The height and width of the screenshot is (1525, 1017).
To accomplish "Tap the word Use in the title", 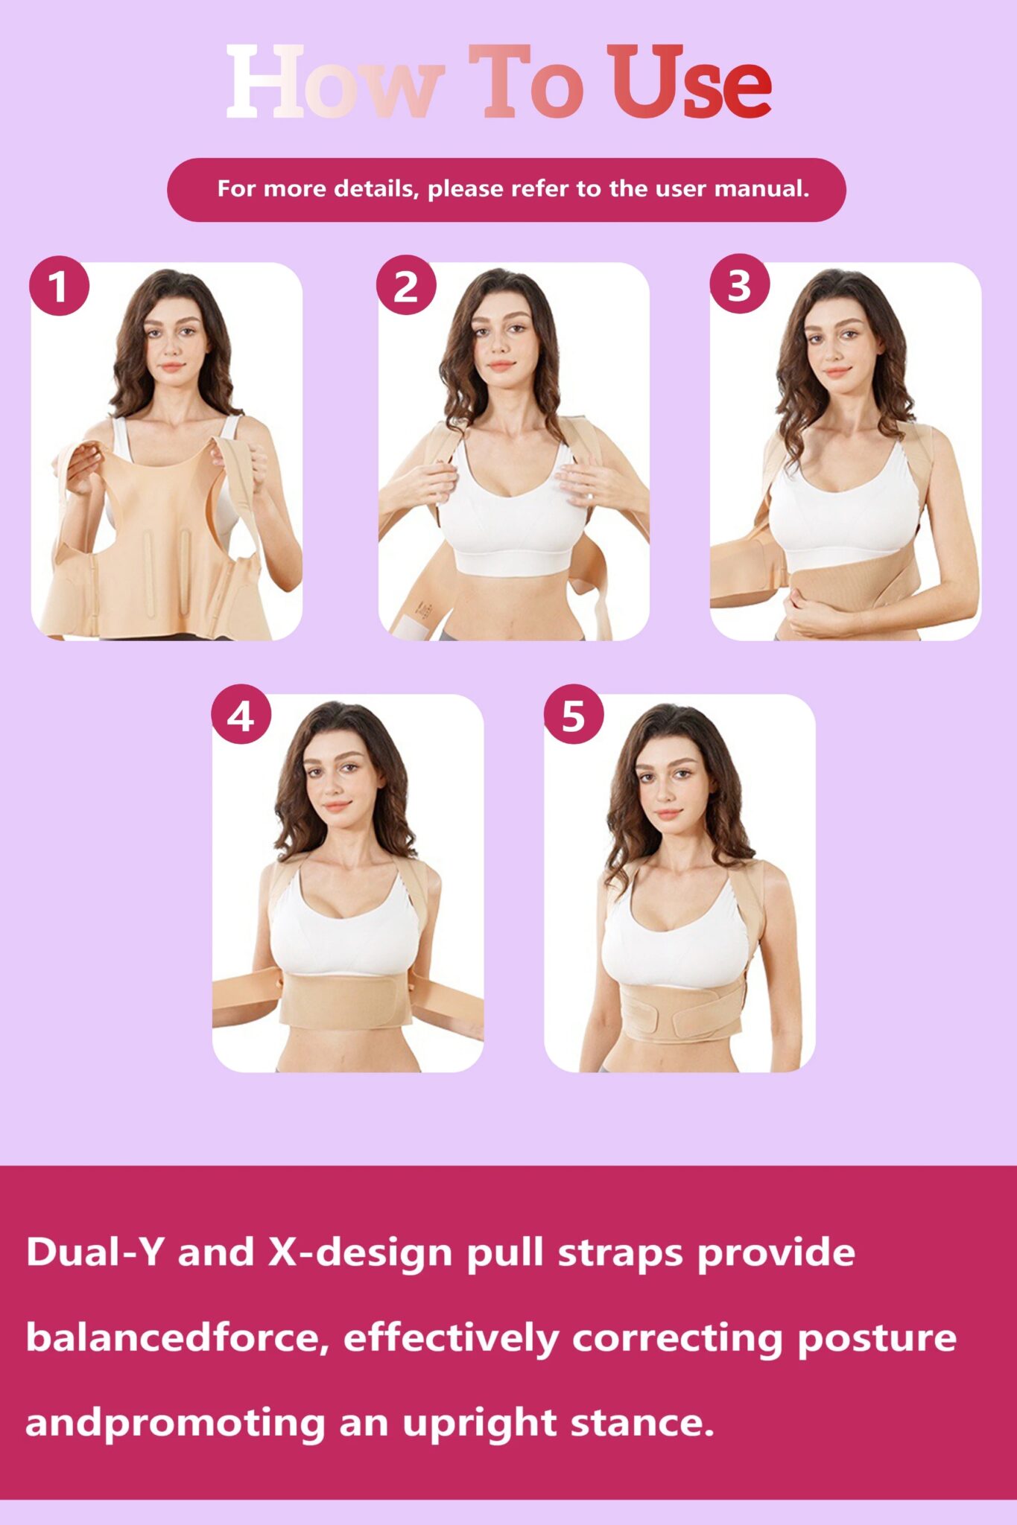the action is click(690, 81).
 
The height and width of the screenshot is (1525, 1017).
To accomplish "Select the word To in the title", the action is click(526, 81).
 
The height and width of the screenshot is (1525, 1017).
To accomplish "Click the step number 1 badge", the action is click(59, 286).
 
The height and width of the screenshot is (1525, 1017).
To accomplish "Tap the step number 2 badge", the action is click(406, 285).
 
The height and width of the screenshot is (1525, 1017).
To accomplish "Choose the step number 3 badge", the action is click(739, 284).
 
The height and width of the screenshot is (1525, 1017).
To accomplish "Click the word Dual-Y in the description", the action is click(94, 1252).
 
